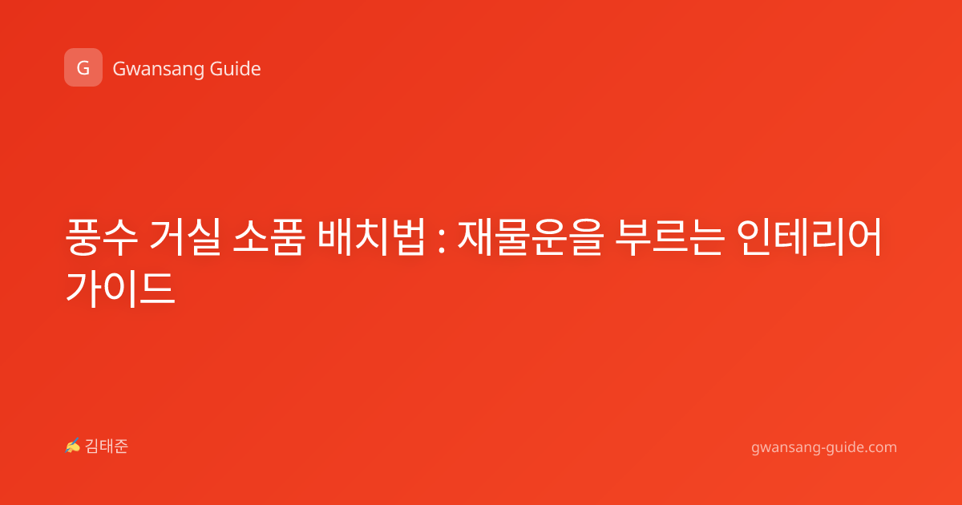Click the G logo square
tap(83, 67)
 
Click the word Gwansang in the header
tap(158, 70)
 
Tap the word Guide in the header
tap(236, 69)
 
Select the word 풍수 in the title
tap(101, 237)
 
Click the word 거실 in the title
tap(185, 236)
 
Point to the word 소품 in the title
tap(269, 237)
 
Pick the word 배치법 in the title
tap(371, 236)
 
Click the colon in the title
tap(441, 240)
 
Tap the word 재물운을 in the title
tap(531, 237)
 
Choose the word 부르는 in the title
tap(669, 237)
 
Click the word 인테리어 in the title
tap(809, 236)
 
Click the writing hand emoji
tap(72, 446)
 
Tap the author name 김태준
tap(107, 446)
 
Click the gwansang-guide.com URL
tap(824, 448)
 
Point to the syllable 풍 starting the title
tap(83, 237)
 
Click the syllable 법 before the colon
tap(408, 236)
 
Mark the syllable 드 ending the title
tap(157, 289)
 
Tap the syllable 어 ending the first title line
tap(864, 236)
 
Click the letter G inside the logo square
tap(83, 68)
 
